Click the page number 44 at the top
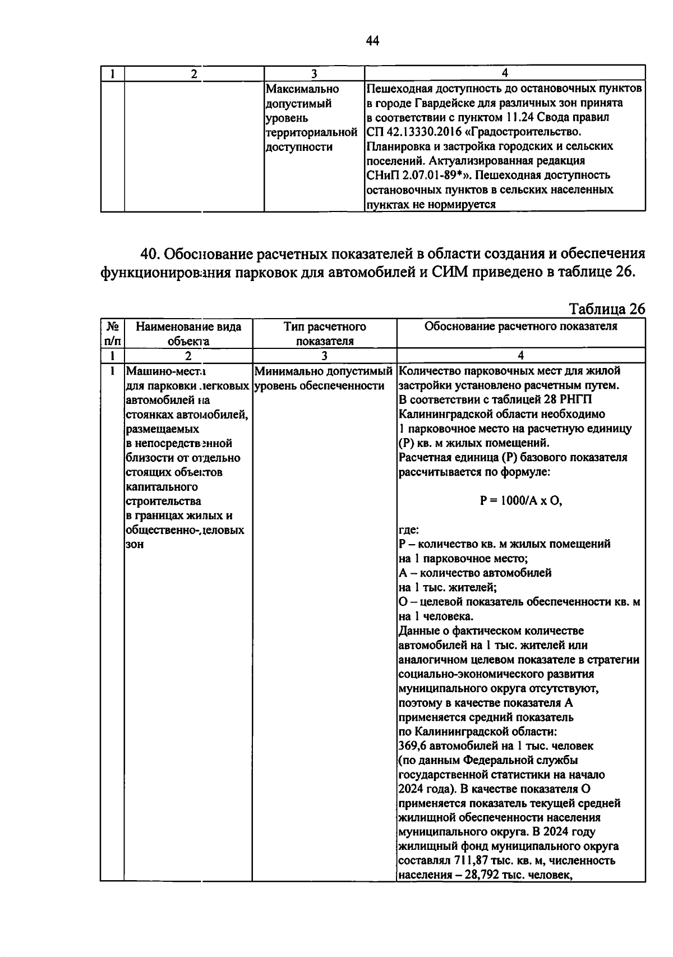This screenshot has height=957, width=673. pyautogui.click(x=372, y=40)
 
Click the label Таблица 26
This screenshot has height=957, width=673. pyautogui.click(x=607, y=309)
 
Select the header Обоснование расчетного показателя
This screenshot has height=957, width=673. pyautogui.click(x=520, y=326)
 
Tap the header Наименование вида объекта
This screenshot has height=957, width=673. pyautogui.click(x=188, y=333)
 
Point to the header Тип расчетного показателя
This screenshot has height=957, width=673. pyautogui.click(x=325, y=333)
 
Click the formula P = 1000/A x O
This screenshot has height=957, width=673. pyautogui.click(x=521, y=501)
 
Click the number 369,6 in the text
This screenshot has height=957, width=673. pyautogui.click(x=414, y=746)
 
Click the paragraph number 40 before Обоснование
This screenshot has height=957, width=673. pyautogui.click(x=150, y=254)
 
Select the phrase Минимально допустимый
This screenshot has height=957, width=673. pyautogui.click(x=322, y=371)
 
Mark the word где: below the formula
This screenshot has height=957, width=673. pyautogui.click(x=409, y=530)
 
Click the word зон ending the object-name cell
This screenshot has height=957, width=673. pyautogui.click(x=135, y=544)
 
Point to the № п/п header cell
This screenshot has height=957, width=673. pyautogui.click(x=113, y=333)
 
